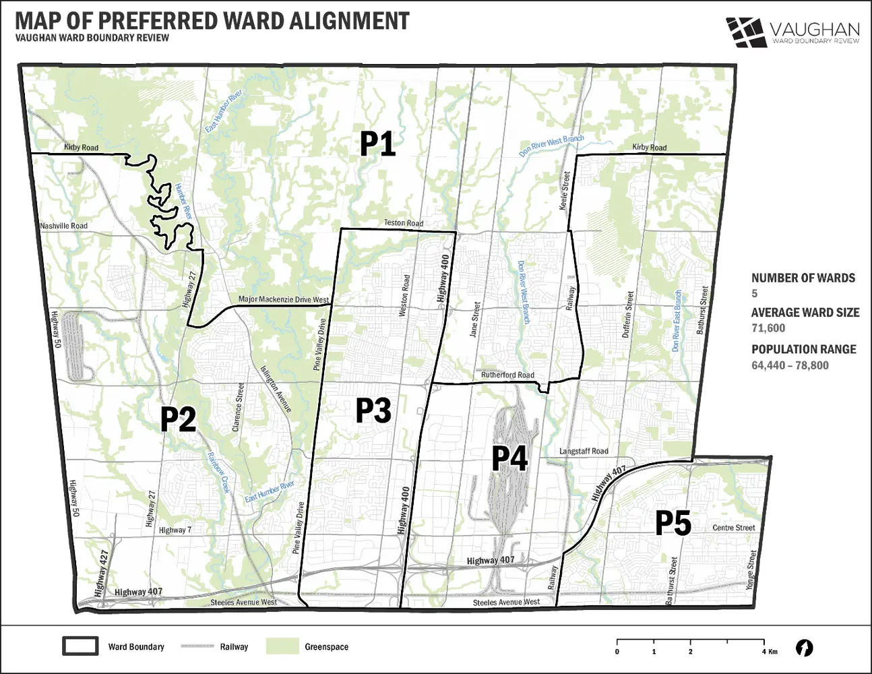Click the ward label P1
(377, 144)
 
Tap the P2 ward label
(178, 419)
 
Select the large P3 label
(373, 410)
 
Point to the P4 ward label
(509, 458)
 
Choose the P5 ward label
(673, 523)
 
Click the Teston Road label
(404, 223)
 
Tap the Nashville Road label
(64, 226)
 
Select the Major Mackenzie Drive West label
(284, 299)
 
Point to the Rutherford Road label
(507, 375)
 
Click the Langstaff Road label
(584, 451)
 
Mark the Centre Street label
(734, 528)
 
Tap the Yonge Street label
(751, 570)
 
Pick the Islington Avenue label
(276, 390)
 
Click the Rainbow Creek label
(218, 472)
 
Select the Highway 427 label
(101, 574)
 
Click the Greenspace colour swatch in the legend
(282, 646)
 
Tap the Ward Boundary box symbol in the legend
(80, 646)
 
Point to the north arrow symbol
(804, 648)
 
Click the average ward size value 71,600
(768, 328)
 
